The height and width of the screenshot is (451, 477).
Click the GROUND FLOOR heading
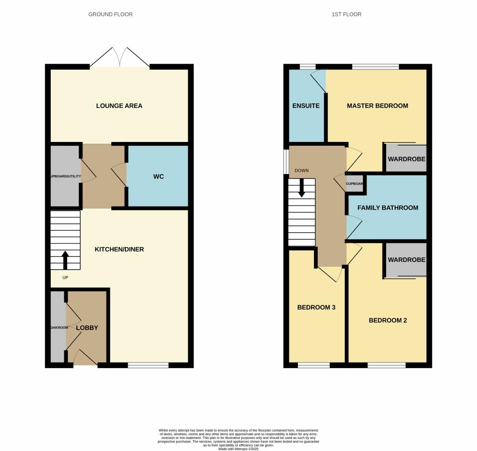pyautogui.click(x=110, y=14)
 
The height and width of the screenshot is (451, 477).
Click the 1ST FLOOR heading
pyautogui.click(x=346, y=14)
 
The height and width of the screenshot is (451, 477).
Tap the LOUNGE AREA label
pyautogui.click(x=119, y=106)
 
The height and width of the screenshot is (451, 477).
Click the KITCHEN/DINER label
pyautogui.click(x=119, y=249)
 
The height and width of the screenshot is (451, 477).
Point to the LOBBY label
pyautogui.click(x=87, y=328)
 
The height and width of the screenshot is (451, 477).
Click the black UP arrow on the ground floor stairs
pyautogui.click(x=65, y=260)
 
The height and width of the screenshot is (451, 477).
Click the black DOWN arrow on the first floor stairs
pyautogui.click(x=302, y=188)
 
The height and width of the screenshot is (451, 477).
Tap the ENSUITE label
pyautogui.click(x=306, y=106)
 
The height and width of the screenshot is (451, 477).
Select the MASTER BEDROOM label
pyautogui.click(x=377, y=106)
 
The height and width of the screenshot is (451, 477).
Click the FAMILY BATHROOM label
pyautogui.click(x=388, y=208)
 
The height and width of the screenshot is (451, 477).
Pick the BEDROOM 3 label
pyautogui.click(x=316, y=308)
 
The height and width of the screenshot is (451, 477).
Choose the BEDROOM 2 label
pyautogui.click(x=388, y=320)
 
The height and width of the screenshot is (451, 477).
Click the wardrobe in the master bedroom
pyautogui.click(x=406, y=159)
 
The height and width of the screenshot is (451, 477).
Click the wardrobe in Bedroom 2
pyautogui.click(x=406, y=260)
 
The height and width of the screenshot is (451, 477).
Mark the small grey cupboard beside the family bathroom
pyautogui.click(x=354, y=183)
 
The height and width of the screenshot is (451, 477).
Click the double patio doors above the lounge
pyautogui.click(x=120, y=58)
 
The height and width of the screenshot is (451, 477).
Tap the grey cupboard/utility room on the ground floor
pyautogui.click(x=65, y=176)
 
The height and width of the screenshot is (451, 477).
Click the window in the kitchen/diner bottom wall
pyautogui.click(x=148, y=365)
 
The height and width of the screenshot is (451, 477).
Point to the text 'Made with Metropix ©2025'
pyautogui.click(x=238, y=449)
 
